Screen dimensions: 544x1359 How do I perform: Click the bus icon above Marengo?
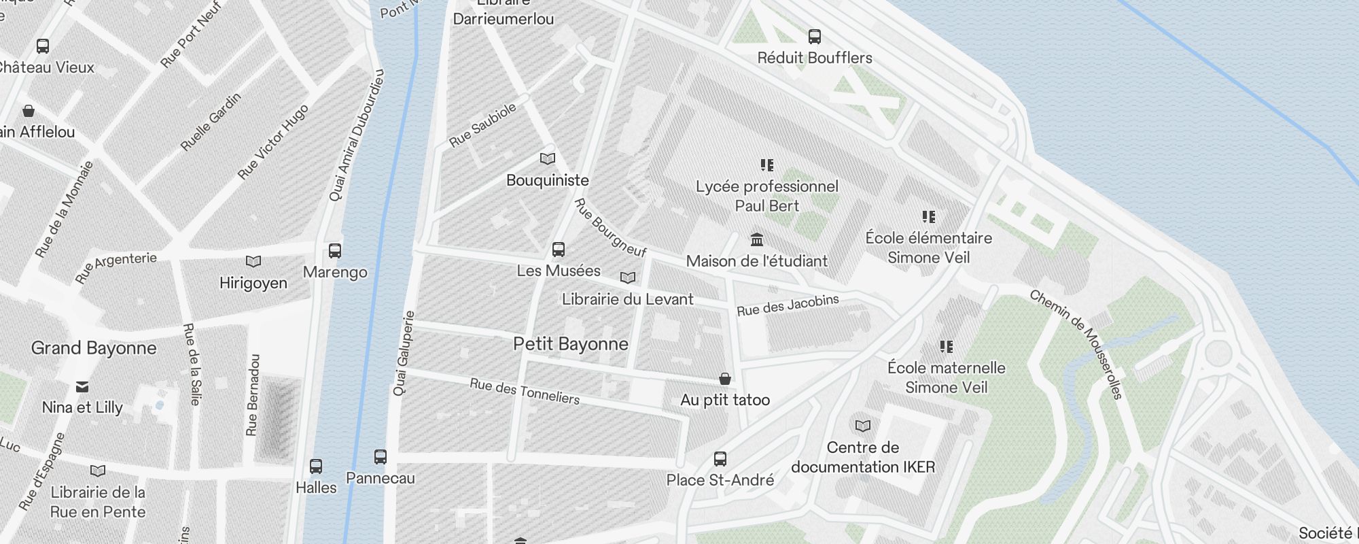tap(335, 250)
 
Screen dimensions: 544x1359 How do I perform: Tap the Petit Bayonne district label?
tap(570, 344)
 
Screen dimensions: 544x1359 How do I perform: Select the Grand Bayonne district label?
tap(94, 348)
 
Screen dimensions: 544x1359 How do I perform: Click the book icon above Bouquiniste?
tap(548, 159)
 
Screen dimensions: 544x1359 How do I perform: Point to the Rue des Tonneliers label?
tap(525, 392)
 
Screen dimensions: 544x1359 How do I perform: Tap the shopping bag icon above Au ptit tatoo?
tap(725, 379)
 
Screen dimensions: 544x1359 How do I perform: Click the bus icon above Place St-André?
tap(720, 459)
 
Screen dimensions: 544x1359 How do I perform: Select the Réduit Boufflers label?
tap(815, 58)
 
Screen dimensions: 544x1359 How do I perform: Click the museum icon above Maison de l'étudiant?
tap(757, 239)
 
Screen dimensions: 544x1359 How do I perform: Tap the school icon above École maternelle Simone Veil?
tap(947, 347)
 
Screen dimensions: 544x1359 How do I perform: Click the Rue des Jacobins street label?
tap(788, 305)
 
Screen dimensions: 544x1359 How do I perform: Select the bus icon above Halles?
tap(316, 466)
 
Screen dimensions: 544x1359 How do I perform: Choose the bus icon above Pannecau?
tap(381, 457)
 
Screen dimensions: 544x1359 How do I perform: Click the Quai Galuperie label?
tap(404, 354)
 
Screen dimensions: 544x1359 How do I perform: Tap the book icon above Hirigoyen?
tap(253, 262)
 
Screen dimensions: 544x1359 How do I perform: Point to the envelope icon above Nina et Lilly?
tap(82, 387)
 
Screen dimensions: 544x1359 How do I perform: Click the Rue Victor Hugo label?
tap(272, 142)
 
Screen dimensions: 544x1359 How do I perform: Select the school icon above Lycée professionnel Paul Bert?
tap(767, 165)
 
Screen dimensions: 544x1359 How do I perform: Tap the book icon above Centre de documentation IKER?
tap(863, 426)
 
